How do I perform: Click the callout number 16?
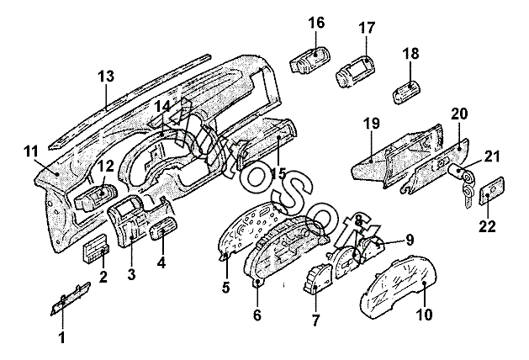coord(316,23)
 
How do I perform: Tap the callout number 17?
coord(367,28)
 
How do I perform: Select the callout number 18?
coord(410,53)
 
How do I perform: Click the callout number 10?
coord(424,315)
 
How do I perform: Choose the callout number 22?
coord(488,225)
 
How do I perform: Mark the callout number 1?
coord(61,338)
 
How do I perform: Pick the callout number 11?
coord(31,151)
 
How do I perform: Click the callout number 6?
coord(257,315)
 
